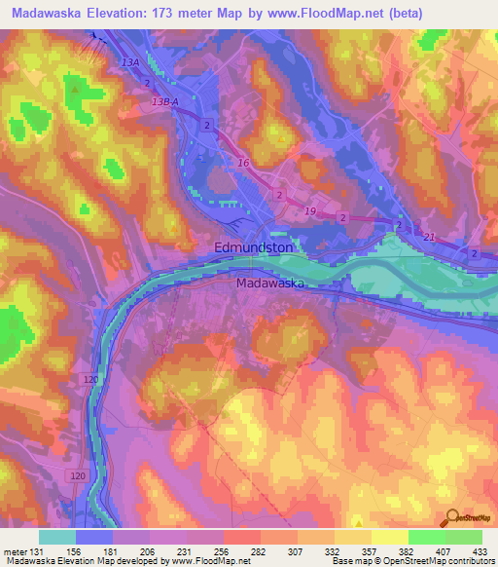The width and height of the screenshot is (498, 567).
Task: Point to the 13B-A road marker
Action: tap(168, 101)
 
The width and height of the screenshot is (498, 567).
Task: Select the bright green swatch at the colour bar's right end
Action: tap(463, 537)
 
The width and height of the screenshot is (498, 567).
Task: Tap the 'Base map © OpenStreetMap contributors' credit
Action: tap(411, 561)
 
